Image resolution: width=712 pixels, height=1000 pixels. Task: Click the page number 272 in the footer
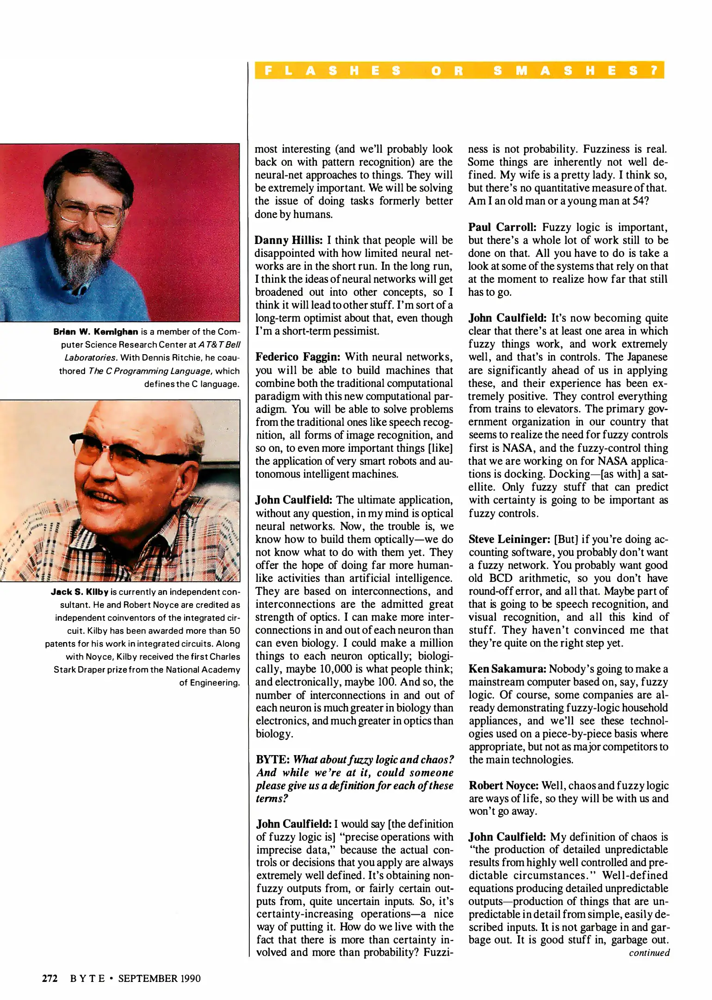tap(50, 978)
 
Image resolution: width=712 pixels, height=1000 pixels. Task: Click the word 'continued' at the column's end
tap(649, 952)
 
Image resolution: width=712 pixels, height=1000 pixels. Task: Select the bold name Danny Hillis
tap(288, 240)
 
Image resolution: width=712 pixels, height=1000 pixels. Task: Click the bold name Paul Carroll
tap(502, 227)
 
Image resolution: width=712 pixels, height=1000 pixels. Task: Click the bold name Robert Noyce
tap(503, 786)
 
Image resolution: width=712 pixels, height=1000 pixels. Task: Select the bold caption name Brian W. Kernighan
tap(96, 331)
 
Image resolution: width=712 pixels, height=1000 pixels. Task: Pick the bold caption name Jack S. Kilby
tap(80, 592)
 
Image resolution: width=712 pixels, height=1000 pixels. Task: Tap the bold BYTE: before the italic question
tap(272, 760)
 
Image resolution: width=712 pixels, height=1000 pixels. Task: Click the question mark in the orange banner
tap(654, 70)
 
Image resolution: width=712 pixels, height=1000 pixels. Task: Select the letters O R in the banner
tap(446, 70)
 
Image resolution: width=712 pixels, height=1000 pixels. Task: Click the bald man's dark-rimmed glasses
tap(134, 449)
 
